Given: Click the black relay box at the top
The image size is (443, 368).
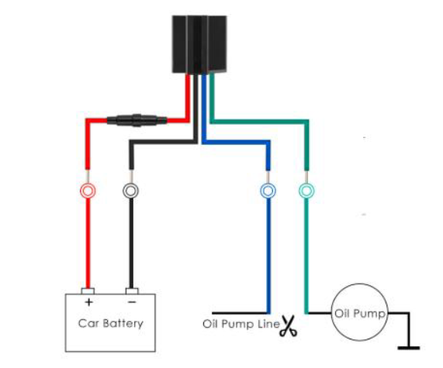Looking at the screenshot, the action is pos(199,44).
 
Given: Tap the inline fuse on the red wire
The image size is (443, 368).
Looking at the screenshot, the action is pos(137,120).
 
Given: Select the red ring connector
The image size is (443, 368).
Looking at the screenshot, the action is pos(88,191).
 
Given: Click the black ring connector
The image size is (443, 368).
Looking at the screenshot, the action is pos(130,191).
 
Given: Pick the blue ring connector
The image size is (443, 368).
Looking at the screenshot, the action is pos(268,191).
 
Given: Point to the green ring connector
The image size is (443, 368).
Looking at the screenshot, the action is pos(306,191).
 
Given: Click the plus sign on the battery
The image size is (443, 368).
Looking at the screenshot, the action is pos(88,302).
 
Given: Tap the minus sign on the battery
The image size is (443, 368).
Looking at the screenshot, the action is pos(132,302).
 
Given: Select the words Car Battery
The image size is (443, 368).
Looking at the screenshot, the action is pos(111,323).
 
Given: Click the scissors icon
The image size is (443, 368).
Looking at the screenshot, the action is pos(288,325).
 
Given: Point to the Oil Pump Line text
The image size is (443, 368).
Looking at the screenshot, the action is pos(241,324).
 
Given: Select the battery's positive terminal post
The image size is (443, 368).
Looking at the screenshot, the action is pos(88,291).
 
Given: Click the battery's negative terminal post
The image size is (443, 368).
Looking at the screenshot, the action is pos(132,291).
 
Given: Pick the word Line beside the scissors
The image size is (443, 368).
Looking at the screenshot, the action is pos(268,324).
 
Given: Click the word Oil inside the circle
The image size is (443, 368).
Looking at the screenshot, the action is pos(342,313).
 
